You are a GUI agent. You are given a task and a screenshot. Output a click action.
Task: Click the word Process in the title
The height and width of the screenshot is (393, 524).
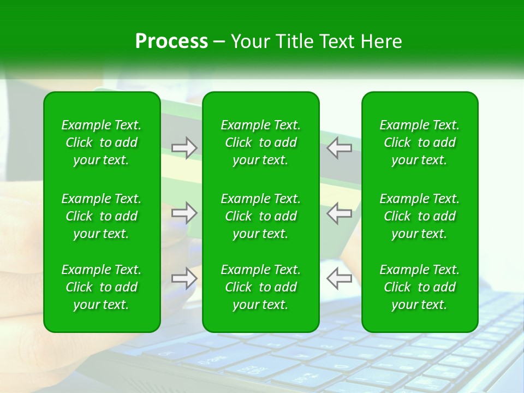[171, 41]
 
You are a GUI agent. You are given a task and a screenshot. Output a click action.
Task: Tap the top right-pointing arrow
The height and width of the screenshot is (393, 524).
[184, 148]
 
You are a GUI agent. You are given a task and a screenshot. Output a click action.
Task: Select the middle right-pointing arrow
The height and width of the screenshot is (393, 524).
[184, 213]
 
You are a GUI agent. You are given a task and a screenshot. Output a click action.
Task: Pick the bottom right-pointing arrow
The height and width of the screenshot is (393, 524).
[184, 278]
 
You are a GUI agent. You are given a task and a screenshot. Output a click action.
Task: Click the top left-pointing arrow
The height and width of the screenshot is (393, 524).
[339, 148]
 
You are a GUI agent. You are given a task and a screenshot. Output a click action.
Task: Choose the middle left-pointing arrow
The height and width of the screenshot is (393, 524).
[339, 213]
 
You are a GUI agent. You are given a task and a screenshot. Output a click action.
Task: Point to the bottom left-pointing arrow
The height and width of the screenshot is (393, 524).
[339, 278]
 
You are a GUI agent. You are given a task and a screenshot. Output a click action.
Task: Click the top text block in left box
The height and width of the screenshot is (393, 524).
[102, 142]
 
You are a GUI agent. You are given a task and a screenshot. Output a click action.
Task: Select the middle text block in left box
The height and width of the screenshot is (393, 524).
[102, 216]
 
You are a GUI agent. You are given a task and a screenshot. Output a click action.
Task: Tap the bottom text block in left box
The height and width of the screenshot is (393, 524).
[102, 287]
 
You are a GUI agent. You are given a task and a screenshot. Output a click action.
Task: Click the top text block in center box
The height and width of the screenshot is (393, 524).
[261, 142]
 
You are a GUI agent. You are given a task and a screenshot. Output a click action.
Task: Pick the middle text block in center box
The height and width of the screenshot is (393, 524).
[261, 216]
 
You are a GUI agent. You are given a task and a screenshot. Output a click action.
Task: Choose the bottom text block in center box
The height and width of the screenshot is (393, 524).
[261, 287]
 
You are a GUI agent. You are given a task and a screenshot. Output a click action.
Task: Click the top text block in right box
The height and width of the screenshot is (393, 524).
[420, 142]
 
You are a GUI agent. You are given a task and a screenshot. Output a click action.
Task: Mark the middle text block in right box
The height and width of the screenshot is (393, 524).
[420, 216]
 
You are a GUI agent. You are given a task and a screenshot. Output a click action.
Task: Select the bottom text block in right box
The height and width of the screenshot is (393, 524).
[420, 287]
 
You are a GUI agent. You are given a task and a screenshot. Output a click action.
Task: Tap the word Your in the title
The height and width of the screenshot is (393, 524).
[248, 41]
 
